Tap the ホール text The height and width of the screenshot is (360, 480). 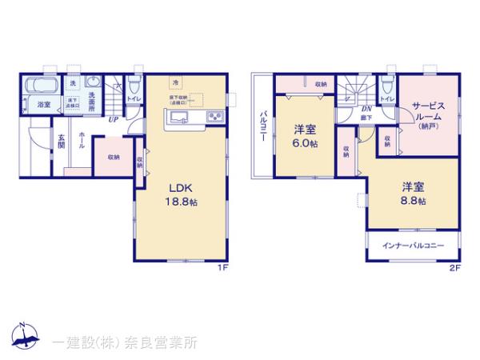tap(82, 146)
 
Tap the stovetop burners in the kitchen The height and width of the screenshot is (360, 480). tap(215, 118)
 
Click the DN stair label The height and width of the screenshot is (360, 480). tap(366, 109)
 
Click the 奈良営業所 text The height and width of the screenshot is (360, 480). tap(159, 342)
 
